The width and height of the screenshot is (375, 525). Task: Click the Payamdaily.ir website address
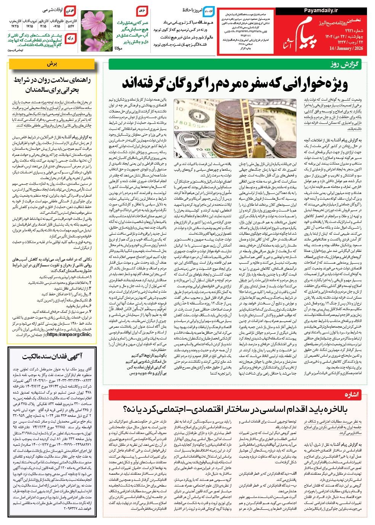(x=321, y=10)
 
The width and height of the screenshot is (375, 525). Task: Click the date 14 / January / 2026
(x=346, y=48)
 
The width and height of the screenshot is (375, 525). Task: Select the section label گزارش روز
(x=344, y=64)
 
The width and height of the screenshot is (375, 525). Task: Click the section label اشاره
(x=352, y=395)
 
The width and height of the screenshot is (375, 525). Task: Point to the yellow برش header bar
(x=52, y=64)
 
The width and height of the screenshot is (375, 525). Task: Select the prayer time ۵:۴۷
(x=71, y=26)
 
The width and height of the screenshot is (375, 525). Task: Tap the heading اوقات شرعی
(x=52, y=10)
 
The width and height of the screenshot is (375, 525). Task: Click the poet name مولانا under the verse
(x=118, y=48)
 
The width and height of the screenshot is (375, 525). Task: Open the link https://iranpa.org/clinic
(x=69, y=335)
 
